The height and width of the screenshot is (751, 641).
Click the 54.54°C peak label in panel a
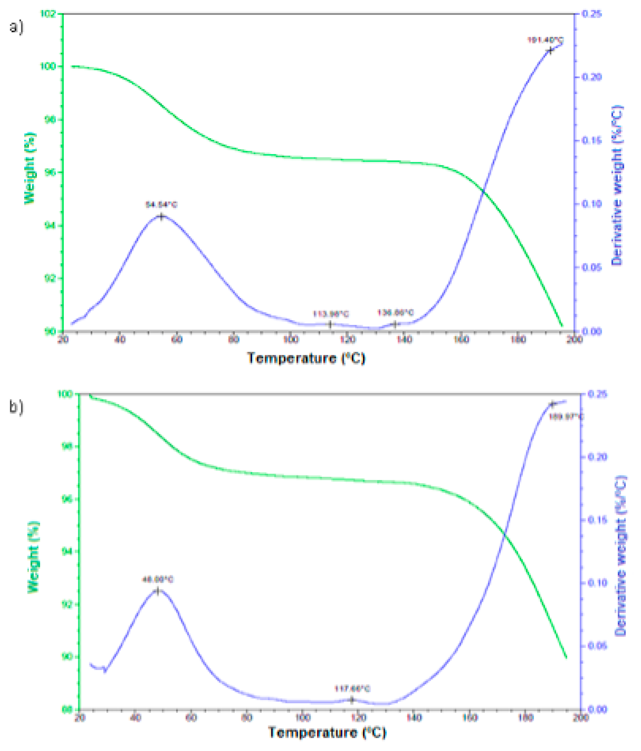pyautogui.click(x=161, y=205)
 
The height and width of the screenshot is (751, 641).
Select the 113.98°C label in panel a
pyautogui.click(x=330, y=314)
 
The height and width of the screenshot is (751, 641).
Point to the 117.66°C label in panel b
pyautogui.click(x=352, y=689)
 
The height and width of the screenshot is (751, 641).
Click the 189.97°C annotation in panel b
pyautogui.click(x=566, y=417)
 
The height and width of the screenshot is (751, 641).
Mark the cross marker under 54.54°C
pyautogui.click(x=161, y=217)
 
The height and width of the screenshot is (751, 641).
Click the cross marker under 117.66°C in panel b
pyautogui.click(x=351, y=700)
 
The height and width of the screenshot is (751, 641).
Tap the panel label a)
pyautogui.click(x=16, y=27)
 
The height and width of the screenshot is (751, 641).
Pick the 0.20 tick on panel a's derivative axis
pyautogui.click(x=591, y=77)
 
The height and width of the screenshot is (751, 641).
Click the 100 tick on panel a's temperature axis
pyautogui.click(x=290, y=340)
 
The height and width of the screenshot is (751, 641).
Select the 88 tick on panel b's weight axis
pyautogui.click(x=67, y=709)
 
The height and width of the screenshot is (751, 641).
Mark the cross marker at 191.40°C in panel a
pyautogui.click(x=550, y=51)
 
